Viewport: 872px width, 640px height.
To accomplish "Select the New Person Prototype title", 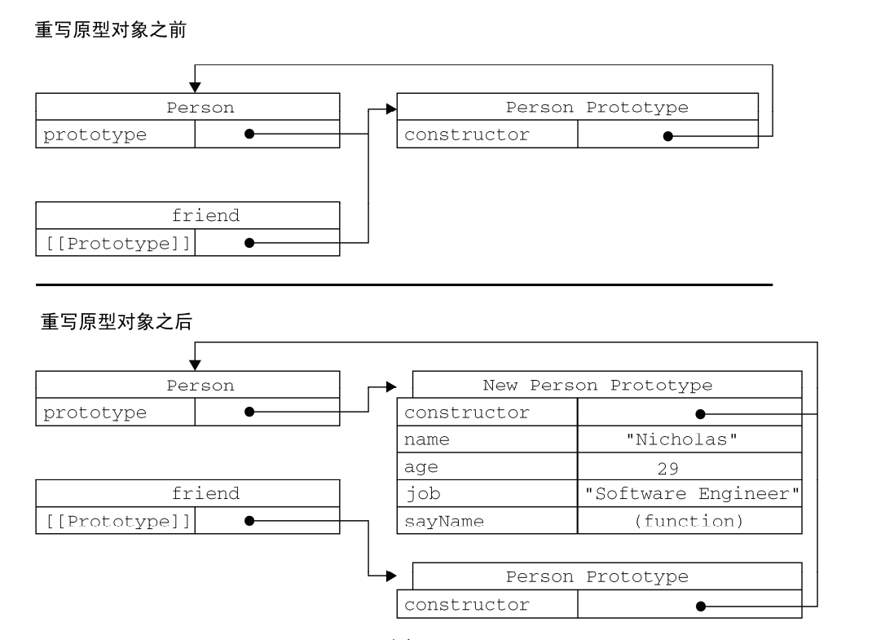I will point(597,385).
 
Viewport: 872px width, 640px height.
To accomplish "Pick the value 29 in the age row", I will point(667,468).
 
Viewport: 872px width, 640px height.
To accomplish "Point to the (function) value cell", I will point(689,521).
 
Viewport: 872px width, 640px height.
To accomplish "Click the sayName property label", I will point(444,521).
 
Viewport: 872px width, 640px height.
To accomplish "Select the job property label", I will point(422,494).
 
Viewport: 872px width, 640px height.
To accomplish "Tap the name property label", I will point(426,440).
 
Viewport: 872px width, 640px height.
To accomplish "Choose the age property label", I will point(421,467).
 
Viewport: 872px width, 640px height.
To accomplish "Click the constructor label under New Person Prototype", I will point(466,413).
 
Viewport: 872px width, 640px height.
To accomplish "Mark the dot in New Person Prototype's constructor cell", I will point(699,414).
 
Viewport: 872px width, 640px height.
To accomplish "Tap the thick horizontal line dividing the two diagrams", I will point(403,285).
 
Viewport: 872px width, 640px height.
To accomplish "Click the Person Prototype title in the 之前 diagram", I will point(597,108).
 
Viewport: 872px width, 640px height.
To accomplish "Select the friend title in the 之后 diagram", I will point(205,493).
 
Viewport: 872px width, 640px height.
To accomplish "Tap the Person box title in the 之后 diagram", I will point(200,385).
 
